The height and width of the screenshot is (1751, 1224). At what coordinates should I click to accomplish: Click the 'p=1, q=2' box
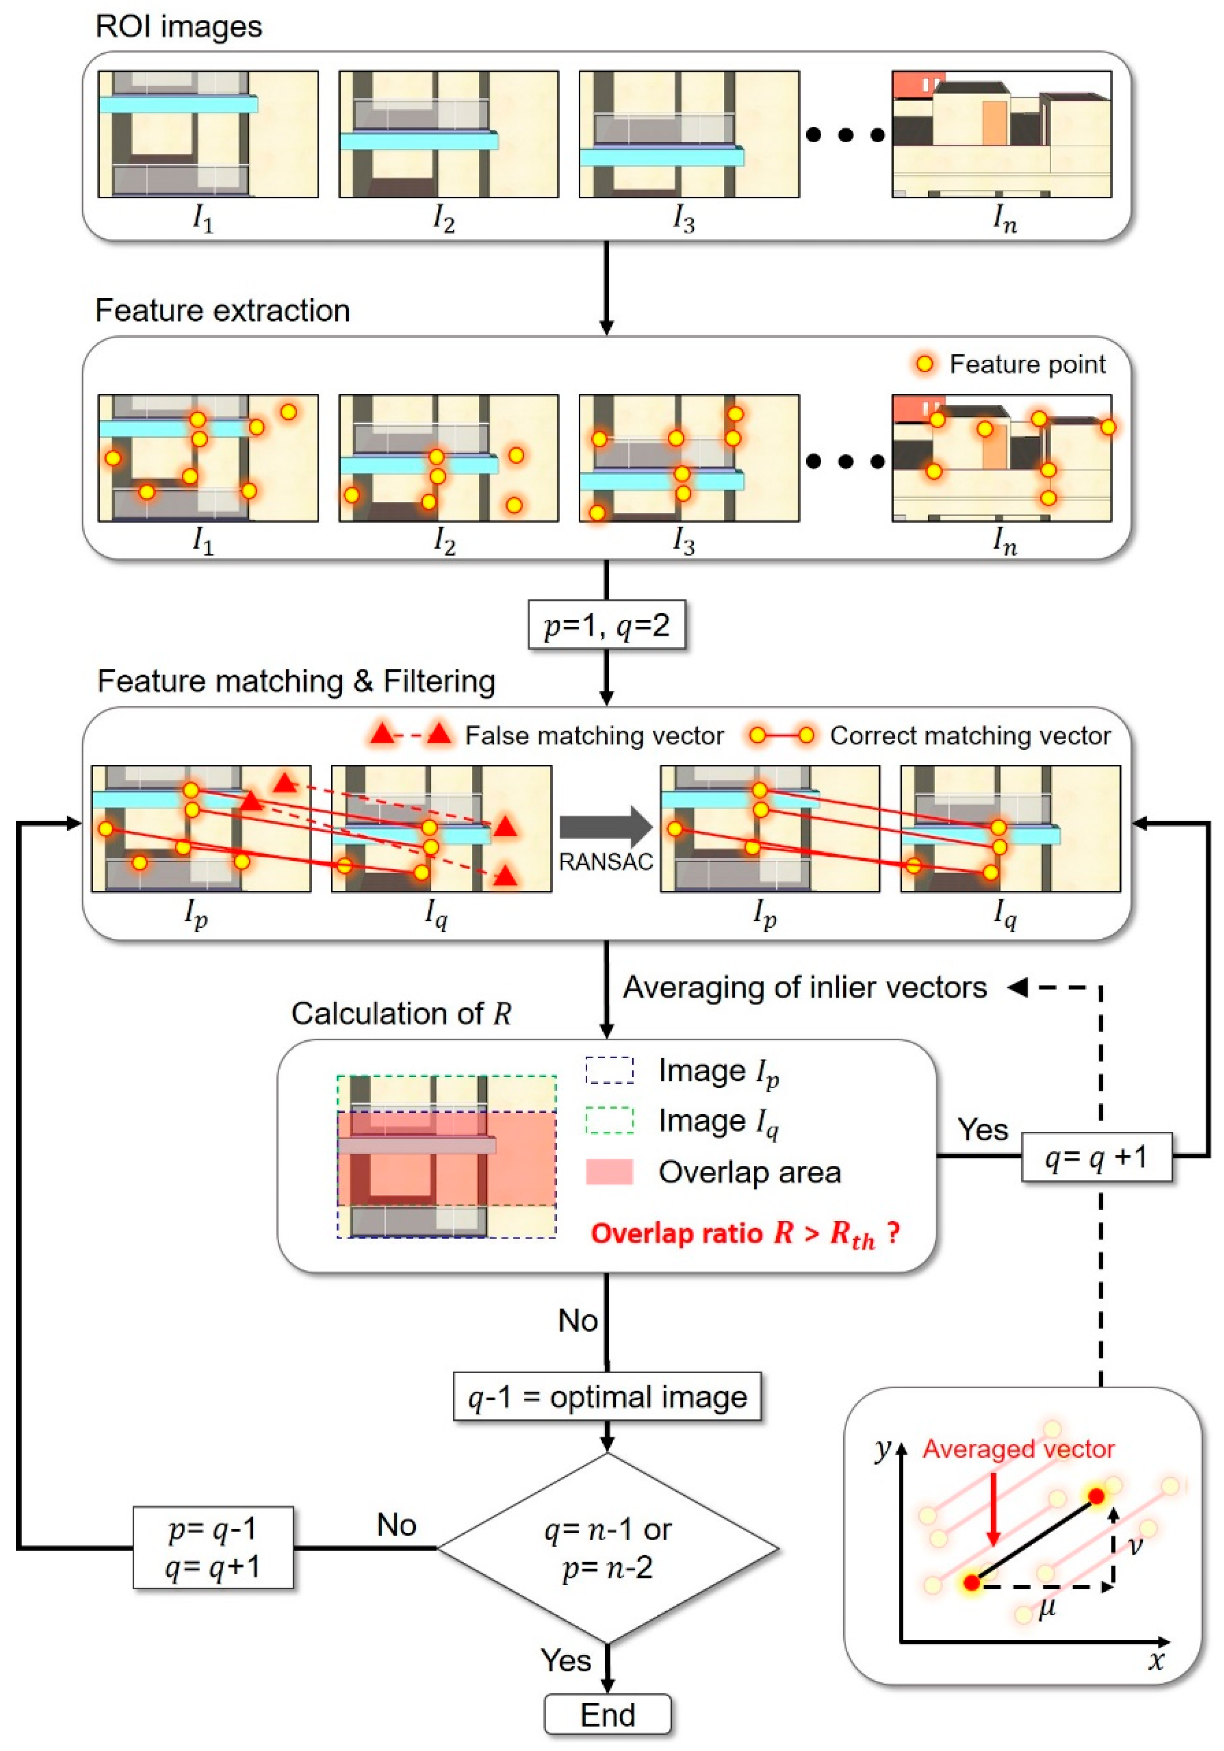click(x=606, y=625)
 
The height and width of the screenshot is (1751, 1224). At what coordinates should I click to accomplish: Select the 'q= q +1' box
click(x=1096, y=1157)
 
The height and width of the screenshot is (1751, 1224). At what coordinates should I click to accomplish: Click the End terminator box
click(x=607, y=1714)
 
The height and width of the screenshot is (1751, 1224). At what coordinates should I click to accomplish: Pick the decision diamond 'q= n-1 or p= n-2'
click(x=607, y=1548)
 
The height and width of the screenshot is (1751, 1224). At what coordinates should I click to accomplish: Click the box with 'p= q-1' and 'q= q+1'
click(x=213, y=1548)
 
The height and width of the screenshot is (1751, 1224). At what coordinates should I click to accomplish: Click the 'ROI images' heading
click(x=178, y=27)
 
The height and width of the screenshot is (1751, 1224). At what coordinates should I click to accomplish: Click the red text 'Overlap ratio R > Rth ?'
click(x=745, y=1233)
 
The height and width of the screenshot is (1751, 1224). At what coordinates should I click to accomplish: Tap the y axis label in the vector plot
click(x=882, y=1447)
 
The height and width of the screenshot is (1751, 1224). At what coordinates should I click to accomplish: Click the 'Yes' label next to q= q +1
click(x=982, y=1129)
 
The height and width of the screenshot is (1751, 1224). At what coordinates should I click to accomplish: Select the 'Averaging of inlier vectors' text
click(x=805, y=987)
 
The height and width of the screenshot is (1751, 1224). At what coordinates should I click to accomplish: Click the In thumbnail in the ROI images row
click(x=1002, y=134)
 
